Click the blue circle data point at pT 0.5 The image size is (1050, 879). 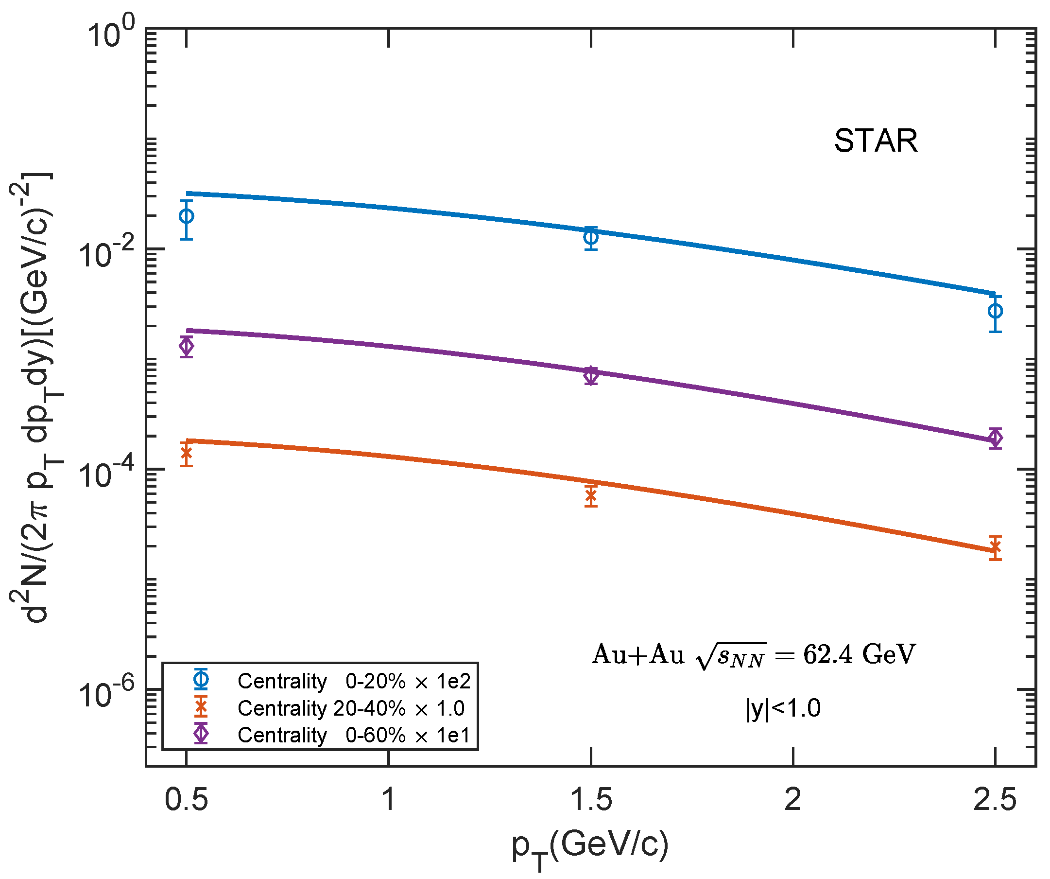pos(187,216)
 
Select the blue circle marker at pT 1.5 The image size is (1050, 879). pos(591,237)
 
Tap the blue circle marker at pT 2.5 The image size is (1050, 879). pos(995,311)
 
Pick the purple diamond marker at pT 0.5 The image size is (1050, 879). pos(187,346)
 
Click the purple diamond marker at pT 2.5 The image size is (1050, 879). pos(995,438)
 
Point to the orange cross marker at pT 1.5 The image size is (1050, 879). pos(591,496)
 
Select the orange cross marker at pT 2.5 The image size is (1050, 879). pos(995,547)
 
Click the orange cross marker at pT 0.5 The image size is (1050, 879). pos(187,454)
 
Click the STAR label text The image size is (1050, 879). pos(876,141)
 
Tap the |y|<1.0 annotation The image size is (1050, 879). pos(783,708)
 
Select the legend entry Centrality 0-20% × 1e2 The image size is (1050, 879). pos(354,682)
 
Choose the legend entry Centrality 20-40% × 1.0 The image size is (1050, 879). pos(350,708)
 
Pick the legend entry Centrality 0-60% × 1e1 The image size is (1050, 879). pos(354,736)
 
